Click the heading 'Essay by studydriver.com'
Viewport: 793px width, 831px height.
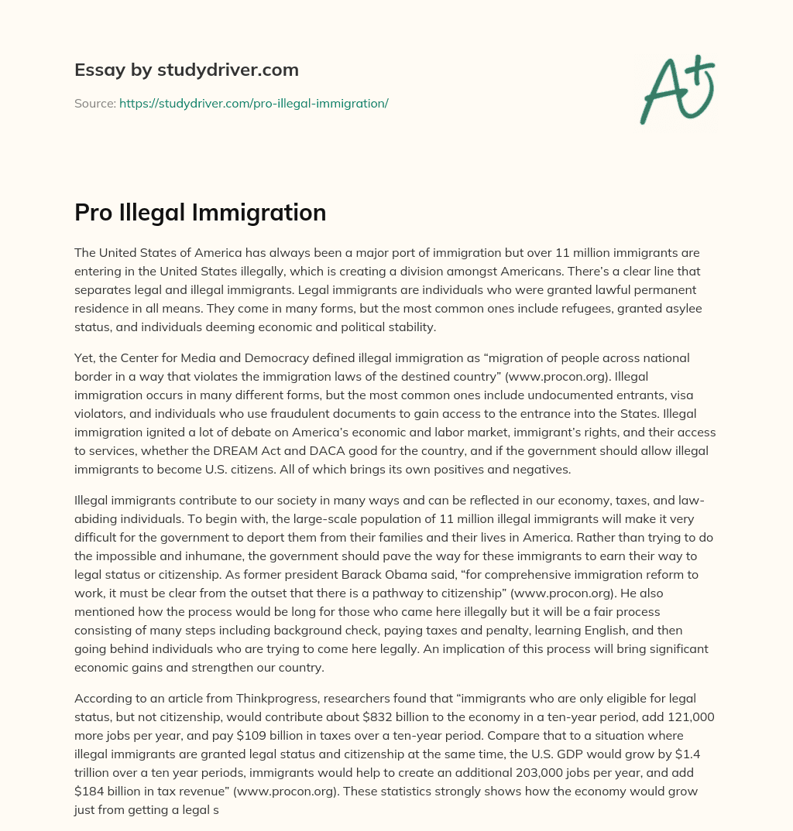point(186,70)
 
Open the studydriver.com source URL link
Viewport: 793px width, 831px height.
point(253,103)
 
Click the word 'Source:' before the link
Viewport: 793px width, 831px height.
point(94,103)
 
